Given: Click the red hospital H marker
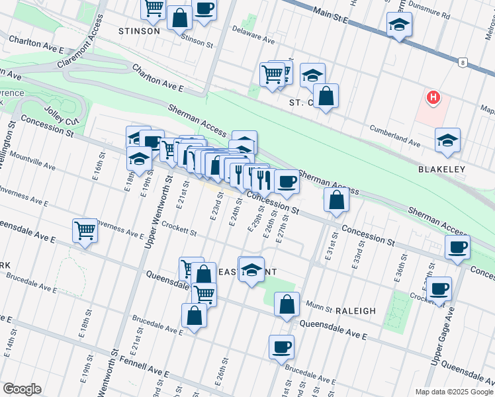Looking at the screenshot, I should pos(433,98).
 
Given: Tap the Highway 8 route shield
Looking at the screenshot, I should pos(461,62).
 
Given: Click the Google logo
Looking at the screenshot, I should pos(22,389).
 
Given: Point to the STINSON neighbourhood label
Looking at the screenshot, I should pos(139,31).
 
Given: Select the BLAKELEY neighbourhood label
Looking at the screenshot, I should pos(441,169).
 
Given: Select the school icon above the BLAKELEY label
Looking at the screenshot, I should pos(448,140).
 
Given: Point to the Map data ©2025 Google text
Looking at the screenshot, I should pos(453,391).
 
